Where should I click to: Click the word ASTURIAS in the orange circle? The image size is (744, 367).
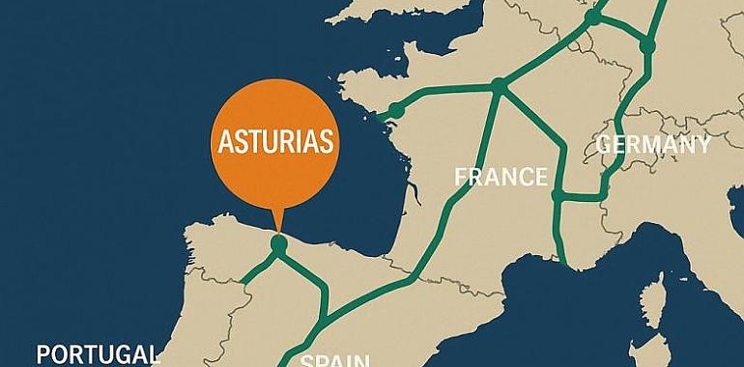(276, 143)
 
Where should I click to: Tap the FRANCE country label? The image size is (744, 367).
(501, 177)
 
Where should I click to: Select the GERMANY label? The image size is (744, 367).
(653, 145)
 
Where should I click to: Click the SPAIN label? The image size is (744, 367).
(334, 360)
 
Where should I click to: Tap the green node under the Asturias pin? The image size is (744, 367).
(279, 246)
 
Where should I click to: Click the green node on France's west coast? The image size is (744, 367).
(394, 109)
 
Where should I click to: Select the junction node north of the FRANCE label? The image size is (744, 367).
(499, 85)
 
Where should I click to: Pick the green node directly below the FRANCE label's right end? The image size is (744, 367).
(558, 195)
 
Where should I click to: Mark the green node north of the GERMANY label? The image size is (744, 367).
(646, 45)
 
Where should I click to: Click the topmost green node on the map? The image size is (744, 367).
(593, 16)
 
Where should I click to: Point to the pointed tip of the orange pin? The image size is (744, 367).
(278, 232)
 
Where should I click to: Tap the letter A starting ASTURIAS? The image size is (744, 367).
(221, 143)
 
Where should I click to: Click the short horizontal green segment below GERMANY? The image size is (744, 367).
(580, 197)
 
